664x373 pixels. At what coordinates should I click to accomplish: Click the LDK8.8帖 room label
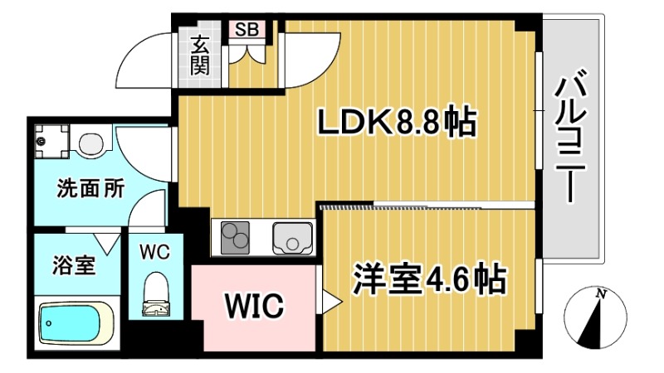(398, 124)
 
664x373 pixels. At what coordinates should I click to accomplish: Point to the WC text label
(154, 252)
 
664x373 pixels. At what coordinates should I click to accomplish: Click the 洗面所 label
(90, 188)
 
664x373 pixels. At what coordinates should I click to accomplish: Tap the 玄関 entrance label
(200, 56)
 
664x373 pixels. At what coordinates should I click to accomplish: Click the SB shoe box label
(247, 29)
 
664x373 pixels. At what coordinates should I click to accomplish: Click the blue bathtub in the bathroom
(75, 323)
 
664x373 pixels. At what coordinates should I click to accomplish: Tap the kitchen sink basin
(291, 238)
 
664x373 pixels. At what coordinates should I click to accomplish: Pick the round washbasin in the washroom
(90, 142)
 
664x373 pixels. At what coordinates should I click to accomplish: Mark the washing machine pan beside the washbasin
(52, 138)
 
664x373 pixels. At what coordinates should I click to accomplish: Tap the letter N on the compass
(599, 293)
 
